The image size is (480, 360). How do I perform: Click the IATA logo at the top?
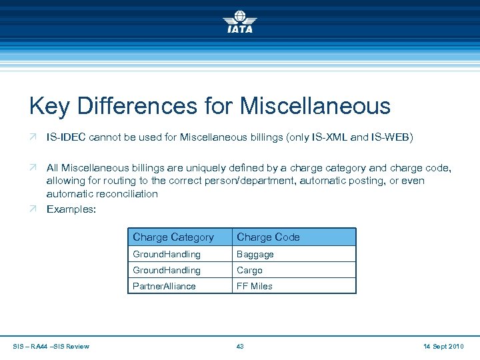pos(239,21)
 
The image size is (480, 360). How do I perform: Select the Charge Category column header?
pos(173,237)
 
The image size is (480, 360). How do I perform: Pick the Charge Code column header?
pos(268,237)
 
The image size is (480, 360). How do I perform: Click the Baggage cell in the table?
pos(255,254)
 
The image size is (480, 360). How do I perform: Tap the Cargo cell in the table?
pos(250,270)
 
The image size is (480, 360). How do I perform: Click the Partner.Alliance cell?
pos(164,286)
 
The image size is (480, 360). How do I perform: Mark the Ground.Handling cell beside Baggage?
pos(167,254)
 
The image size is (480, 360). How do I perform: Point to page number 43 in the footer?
pos(240,346)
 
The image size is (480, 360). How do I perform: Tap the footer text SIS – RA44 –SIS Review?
pos(51,346)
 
